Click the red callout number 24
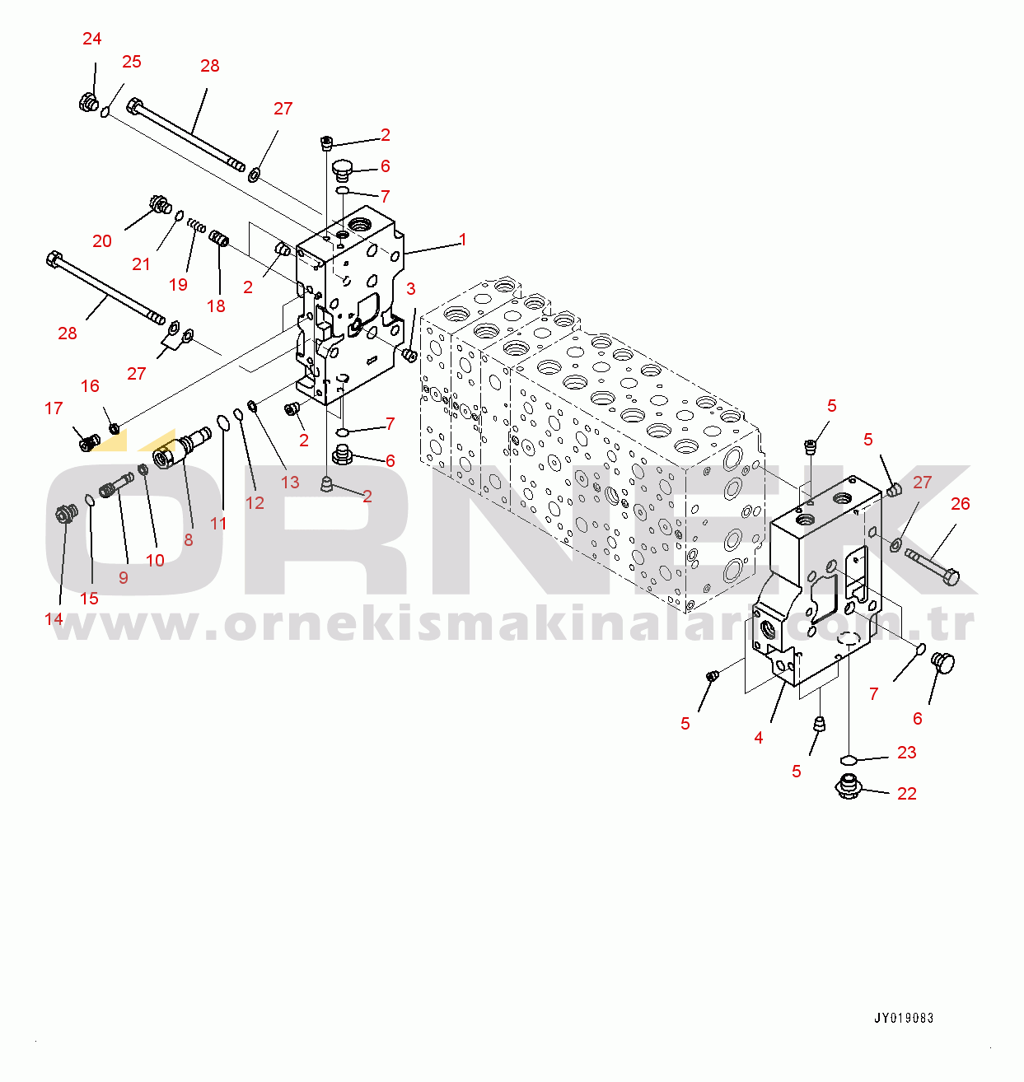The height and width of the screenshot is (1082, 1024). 92,39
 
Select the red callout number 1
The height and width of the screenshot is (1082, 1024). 463,240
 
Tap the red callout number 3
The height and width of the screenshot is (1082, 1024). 411,289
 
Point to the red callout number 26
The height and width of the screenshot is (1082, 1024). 961,504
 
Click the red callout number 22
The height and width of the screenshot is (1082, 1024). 907,794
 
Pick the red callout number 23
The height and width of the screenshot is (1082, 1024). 907,753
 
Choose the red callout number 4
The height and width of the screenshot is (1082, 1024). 759,739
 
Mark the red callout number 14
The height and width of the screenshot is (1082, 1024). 54,619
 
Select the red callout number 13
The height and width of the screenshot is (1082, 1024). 290,483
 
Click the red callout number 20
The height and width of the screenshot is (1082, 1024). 102,241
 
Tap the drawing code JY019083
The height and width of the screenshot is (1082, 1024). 904,1019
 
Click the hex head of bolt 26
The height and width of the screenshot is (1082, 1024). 950,576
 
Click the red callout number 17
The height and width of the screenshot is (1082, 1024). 54,408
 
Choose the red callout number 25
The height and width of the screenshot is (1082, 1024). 132,62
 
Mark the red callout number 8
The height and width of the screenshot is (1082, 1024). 189,540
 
